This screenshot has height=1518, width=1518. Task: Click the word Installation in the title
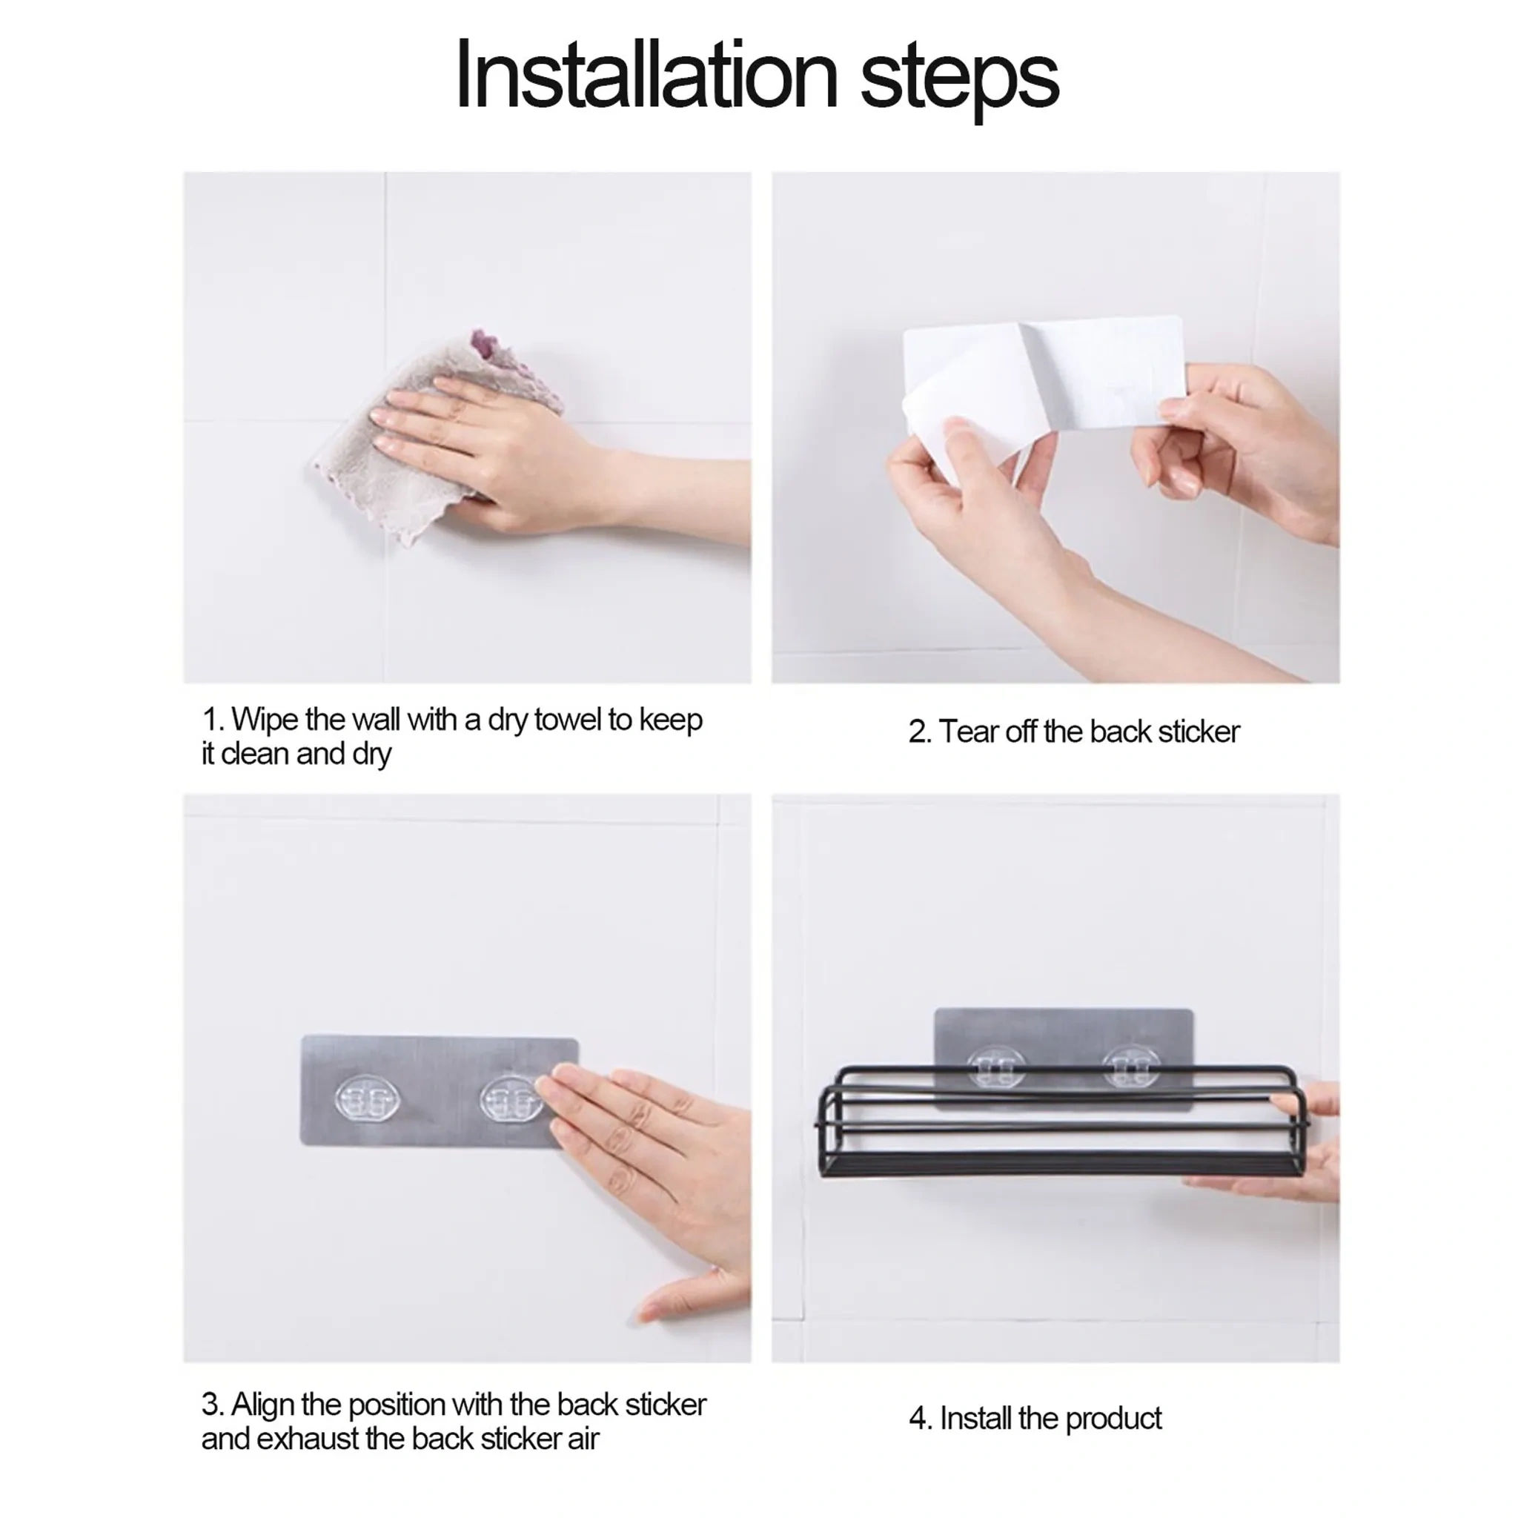tap(646, 76)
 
